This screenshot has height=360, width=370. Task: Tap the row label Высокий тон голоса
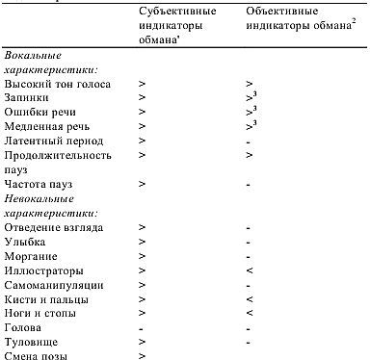click(x=57, y=85)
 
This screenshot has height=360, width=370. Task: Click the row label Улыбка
click(x=26, y=241)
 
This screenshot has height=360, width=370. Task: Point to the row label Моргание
click(x=31, y=255)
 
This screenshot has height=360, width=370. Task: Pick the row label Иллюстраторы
click(x=42, y=270)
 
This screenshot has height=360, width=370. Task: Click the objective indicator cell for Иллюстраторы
click(x=249, y=270)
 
